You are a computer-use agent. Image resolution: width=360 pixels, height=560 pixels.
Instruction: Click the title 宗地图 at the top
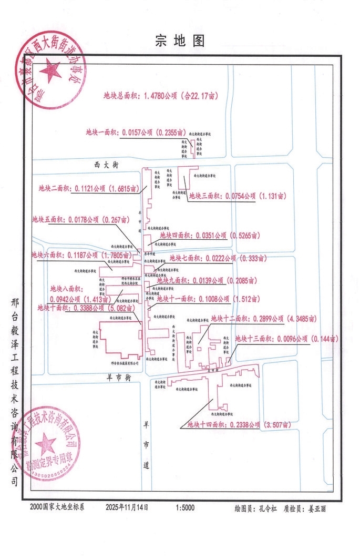[180, 41]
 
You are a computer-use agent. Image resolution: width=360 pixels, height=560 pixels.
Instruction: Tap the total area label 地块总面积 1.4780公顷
[161, 96]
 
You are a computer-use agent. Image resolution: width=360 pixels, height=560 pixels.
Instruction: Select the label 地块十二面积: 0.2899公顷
[263, 319]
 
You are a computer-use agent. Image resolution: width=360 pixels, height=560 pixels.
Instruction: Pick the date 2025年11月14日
[127, 508]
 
